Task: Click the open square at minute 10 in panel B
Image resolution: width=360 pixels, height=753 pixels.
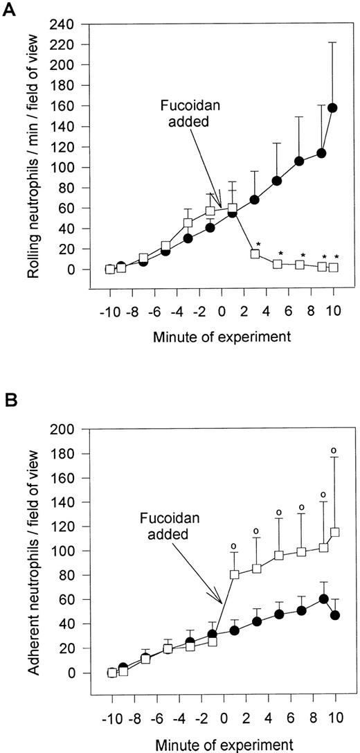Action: click(335, 532)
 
